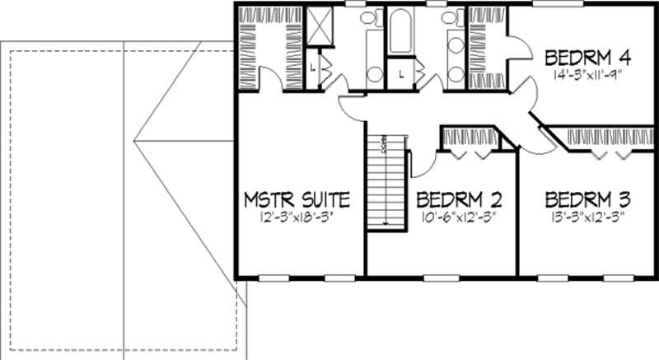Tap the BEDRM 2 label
[x=459, y=200]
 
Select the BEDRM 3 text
[x=588, y=199]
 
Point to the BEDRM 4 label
[x=589, y=58]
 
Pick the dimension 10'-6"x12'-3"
[x=459, y=217]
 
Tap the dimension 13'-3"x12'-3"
[x=588, y=217]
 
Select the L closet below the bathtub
[x=400, y=72]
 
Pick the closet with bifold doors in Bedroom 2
[x=467, y=139]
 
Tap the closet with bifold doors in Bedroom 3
[x=605, y=140]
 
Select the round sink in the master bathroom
[x=375, y=74]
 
